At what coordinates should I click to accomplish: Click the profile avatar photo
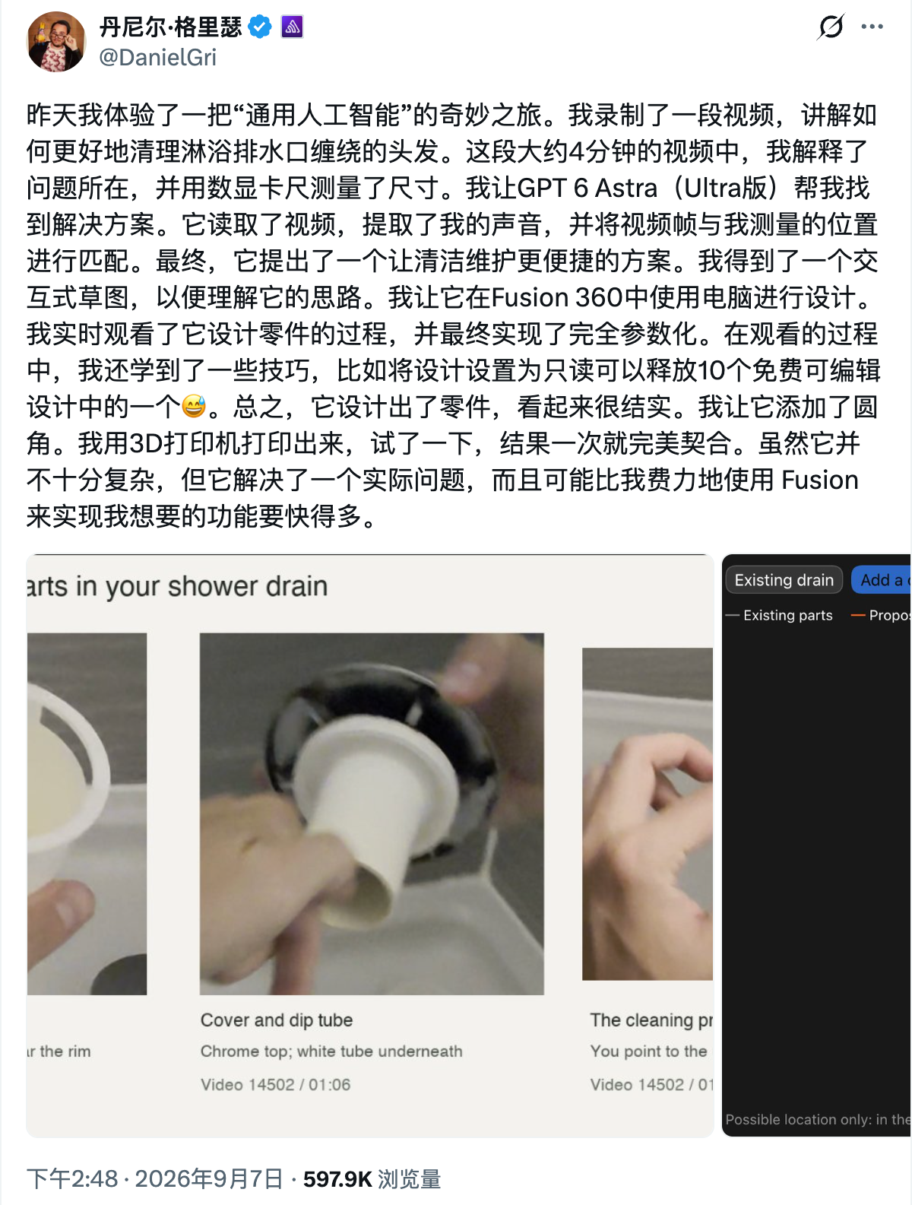click(x=56, y=42)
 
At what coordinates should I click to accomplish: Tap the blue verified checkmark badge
click(x=260, y=27)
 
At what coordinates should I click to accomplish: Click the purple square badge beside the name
click(x=292, y=27)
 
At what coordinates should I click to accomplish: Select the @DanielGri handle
click(x=157, y=58)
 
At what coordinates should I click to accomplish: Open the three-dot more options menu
click(x=872, y=27)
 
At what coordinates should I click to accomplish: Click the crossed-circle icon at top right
click(x=831, y=27)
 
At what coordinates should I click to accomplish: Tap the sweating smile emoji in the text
click(x=194, y=407)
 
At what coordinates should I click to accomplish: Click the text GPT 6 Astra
click(x=587, y=189)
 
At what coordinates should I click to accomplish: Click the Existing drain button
click(x=784, y=580)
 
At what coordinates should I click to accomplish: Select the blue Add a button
click(x=882, y=580)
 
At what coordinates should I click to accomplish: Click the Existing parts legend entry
click(x=779, y=615)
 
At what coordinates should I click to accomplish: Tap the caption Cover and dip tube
click(x=277, y=1020)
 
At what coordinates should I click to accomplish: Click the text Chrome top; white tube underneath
click(x=331, y=1051)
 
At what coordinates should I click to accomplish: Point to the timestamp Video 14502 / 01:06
click(x=275, y=1085)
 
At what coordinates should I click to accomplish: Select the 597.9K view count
click(x=337, y=1178)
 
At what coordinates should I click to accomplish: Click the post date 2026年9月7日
click(x=209, y=1178)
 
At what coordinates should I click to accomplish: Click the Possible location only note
click(x=818, y=1119)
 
